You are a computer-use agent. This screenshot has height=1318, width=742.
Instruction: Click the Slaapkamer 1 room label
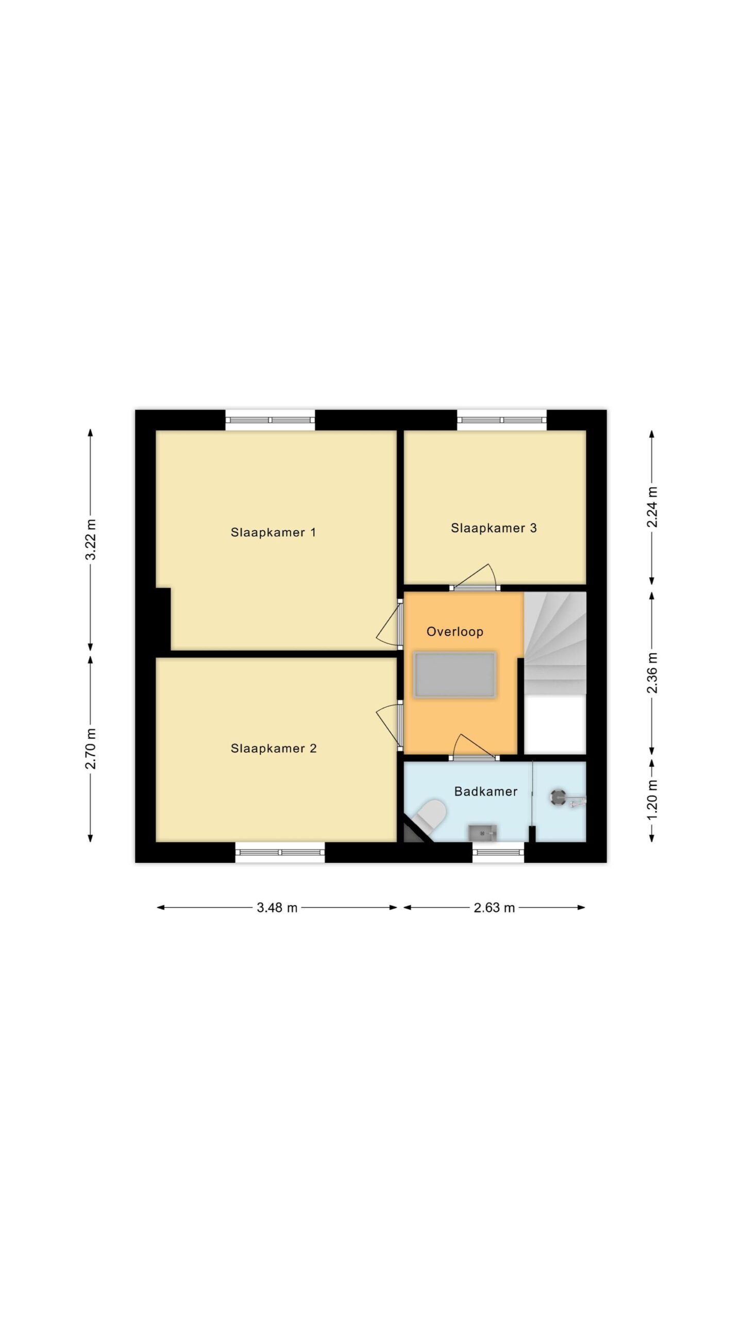pos(273,532)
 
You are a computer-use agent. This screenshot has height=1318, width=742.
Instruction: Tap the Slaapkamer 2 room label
pos(273,749)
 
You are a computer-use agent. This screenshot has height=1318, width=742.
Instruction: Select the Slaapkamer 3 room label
pos(494,528)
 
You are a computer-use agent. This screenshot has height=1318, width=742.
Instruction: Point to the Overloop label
pos(455,632)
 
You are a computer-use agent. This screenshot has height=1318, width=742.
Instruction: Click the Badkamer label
pos(485,791)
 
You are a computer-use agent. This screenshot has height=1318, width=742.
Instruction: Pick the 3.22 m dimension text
pos(91,540)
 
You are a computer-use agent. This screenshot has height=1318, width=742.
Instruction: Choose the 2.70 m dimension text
pos(91,749)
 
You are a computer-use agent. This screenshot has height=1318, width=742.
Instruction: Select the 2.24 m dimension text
pos(652,507)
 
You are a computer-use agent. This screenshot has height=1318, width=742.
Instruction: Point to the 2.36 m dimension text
pos(652,672)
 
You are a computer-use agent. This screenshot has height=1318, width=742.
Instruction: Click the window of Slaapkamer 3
pos(502,420)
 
